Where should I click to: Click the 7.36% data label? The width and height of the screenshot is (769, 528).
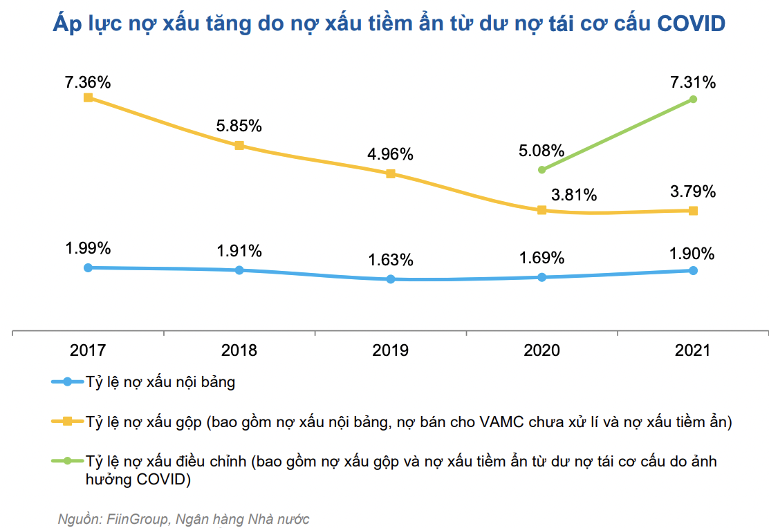tap(88, 82)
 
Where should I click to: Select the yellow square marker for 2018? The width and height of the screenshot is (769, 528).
tap(239, 146)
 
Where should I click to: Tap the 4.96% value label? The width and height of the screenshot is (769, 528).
tap(390, 154)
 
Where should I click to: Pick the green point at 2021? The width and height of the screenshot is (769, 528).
tap(693, 100)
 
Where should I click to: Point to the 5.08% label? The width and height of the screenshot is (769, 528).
tap(541, 151)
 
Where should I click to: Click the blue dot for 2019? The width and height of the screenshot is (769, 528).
tap(391, 279)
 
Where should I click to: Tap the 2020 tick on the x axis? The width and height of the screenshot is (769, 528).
tap(541, 350)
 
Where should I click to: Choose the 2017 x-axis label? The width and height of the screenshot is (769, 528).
tap(88, 350)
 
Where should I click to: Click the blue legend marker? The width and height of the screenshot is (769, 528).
tap(67, 381)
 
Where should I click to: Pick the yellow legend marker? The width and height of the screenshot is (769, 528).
tap(67, 421)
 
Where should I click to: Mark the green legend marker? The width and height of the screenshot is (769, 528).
tap(67, 461)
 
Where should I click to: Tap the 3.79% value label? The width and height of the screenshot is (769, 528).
tap(693, 191)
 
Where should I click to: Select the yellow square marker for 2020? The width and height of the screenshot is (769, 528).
tap(541, 210)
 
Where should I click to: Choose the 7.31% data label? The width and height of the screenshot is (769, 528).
tap(693, 82)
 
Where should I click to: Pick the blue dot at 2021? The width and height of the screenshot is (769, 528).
tap(693, 270)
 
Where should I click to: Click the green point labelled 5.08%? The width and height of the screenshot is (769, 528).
tap(541, 169)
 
